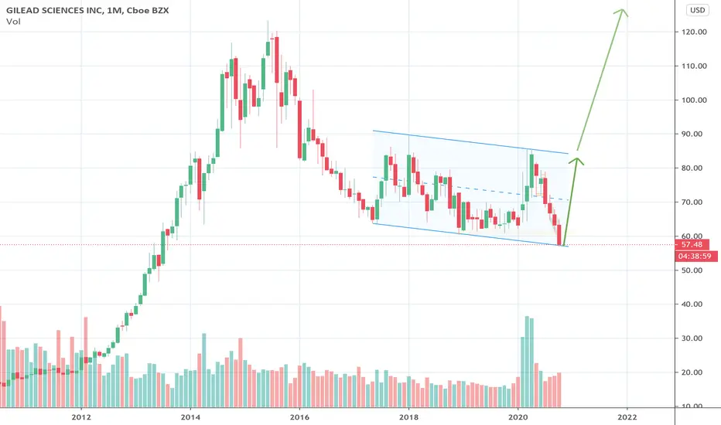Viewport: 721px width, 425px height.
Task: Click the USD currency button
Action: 697,10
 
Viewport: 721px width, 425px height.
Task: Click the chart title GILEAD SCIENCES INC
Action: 55,10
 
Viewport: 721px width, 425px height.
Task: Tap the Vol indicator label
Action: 13,22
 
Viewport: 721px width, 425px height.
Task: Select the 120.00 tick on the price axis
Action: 694,32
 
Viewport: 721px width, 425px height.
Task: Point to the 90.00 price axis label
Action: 694,134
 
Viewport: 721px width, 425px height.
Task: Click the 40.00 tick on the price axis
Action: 694,304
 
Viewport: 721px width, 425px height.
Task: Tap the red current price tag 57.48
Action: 692,244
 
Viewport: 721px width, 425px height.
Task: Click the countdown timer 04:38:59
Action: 695,256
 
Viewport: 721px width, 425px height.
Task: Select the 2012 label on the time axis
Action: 81,417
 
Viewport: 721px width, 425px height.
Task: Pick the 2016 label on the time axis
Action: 300,417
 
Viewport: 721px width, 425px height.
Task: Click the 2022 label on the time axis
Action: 627,417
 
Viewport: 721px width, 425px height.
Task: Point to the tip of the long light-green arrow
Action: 623,9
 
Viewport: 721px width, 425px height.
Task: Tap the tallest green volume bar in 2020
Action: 527,362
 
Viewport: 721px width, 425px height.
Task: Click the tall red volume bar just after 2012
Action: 86,362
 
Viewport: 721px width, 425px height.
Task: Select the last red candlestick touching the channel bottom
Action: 559,235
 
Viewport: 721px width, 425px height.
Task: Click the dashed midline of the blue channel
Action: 471,189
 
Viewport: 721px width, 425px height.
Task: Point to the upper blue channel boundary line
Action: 471,142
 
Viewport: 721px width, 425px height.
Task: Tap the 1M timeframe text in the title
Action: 113,10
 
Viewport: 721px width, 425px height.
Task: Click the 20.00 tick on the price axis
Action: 694,372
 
